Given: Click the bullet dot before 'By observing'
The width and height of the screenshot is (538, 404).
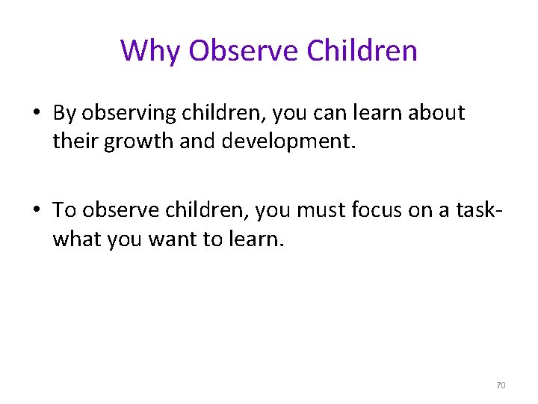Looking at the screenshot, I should coord(37,114).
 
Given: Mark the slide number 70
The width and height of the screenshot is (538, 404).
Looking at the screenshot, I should coord(500,385).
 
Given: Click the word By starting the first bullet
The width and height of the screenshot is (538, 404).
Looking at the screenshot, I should coord(64,114).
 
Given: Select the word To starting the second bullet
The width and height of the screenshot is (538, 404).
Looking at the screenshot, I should coord(64,211).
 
